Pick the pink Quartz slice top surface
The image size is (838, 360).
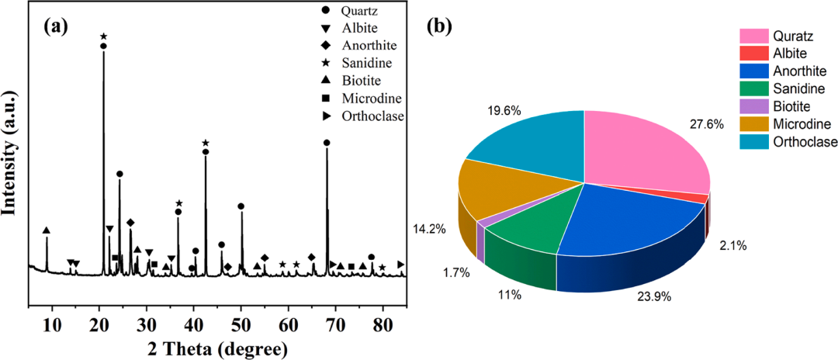click(x=644, y=151)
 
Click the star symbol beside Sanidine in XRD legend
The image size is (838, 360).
click(x=327, y=63)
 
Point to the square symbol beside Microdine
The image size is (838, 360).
click(x=327, y=98)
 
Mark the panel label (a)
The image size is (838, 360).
click(x=57, y=26)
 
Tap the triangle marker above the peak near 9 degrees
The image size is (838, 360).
click(x=47, y=230)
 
